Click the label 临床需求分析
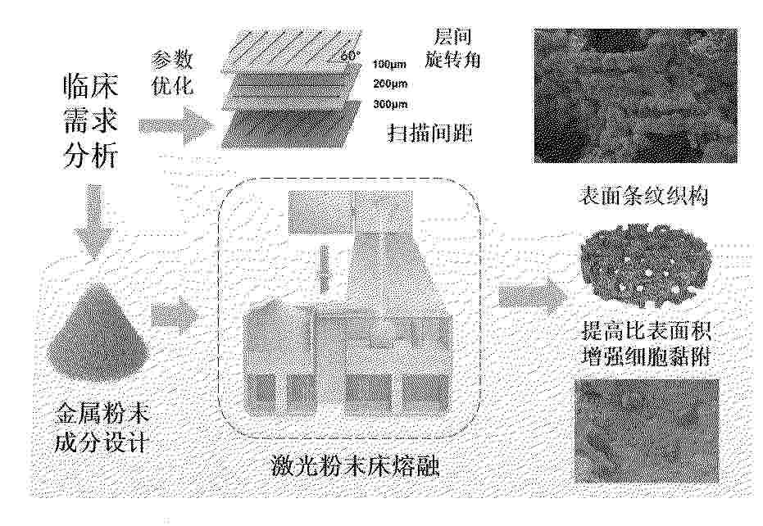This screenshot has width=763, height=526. pyautogui.click(x=91, y=121)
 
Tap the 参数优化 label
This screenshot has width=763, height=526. pyautogui.click(x=172, y=72)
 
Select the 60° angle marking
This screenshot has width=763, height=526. pyautogui.click(x=351, y=56)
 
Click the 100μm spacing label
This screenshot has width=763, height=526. pyautogui.click(x=390, y=64)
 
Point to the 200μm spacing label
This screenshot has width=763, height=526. pyautogui.click(x=390, y=84)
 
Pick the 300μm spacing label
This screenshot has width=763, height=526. pyautogui.click(x=390, y=104)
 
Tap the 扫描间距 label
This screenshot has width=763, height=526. pyautogui.click(x=429, y=133)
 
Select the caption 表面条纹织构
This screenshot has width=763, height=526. pyautogui.click(x=643, y=196)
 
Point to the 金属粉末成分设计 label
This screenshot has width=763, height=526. pyautogui.click(x=101, y=429)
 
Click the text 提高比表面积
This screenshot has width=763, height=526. pyautogui.click(x=647, y=331)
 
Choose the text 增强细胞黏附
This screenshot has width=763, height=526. pyautogui.click(x=647, y=357)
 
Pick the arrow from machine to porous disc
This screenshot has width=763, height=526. pyautogui.click(x=533, y=295)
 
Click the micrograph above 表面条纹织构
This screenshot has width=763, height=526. pyautogui.click(x=635, y=95)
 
